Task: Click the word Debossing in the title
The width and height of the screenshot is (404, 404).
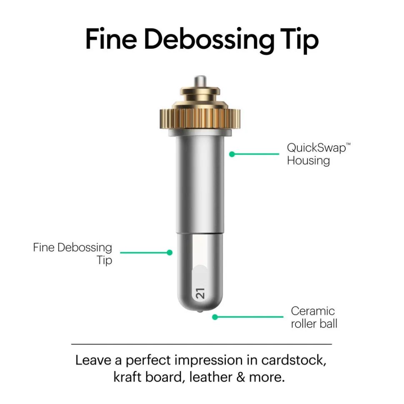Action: point(209,40)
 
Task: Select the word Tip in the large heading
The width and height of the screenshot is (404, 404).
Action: point(299,40)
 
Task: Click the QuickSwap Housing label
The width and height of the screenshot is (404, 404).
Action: point(319,154)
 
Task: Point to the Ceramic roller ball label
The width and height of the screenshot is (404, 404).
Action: point(314,317)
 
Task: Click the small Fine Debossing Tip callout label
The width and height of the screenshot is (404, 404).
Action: point(72,254)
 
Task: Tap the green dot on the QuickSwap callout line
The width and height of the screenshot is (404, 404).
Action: point(232,154)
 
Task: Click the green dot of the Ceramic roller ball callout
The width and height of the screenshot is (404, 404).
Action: point(215,317)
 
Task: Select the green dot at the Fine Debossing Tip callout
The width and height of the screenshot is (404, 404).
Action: point(170,252)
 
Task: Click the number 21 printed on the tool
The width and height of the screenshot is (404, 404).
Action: point(200,294)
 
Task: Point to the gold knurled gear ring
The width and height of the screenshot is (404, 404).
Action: point(200,119)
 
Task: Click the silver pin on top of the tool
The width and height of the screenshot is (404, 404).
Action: point(200,81)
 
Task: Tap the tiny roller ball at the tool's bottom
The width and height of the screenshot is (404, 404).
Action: point(200,311)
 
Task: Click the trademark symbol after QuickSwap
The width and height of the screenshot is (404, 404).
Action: point(348,144)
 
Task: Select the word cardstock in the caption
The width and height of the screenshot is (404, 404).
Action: point(294,360)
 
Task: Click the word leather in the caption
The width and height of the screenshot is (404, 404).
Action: point(211,377)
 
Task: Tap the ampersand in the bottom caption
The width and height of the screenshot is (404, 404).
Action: point(241,377)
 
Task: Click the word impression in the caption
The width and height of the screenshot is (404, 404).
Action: point(208,361)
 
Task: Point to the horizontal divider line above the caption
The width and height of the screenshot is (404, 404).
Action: point(202,344)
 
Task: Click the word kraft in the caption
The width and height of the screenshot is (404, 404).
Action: point(127,377)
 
